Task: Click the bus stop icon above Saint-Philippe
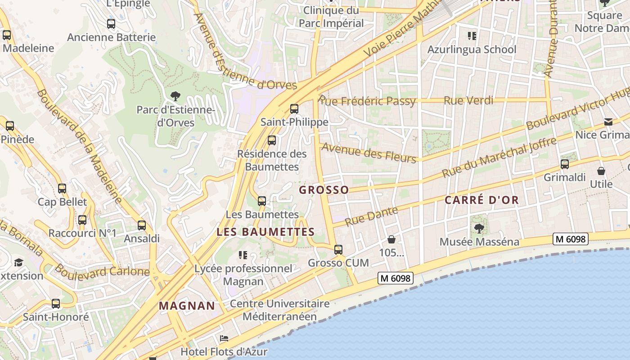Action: pos(294,108)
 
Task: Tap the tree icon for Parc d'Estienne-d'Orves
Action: pos(175,96)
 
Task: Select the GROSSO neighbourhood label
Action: pos(324,190)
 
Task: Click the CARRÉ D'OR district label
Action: pos(481,200)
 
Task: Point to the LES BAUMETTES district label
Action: pos(265,232)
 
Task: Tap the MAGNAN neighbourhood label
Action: pos(187,306)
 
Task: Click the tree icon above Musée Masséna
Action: pos(479,229)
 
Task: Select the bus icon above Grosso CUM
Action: pos(338,249)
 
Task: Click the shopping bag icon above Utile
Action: pos(601,171)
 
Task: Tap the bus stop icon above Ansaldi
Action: pos(142,225)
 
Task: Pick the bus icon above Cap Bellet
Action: pos(62,189)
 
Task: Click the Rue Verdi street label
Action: pos(468,101)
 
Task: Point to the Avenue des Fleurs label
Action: pos(369,153)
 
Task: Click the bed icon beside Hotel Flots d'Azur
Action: pos(224,338)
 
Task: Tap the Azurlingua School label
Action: pos(472,49)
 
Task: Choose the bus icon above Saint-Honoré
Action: pos(56,304)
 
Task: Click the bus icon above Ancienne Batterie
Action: pos(111,24)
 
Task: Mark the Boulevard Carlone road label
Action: pos(102,270)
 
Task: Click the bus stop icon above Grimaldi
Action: pos(565,164)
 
